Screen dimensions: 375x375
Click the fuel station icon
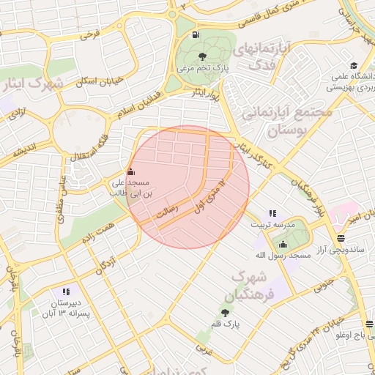click(195, 34)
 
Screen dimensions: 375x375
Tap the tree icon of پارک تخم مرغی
click(202, 56)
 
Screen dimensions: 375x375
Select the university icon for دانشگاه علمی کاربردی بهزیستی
click(354, 66)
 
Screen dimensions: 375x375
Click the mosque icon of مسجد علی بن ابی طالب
click(131, 172)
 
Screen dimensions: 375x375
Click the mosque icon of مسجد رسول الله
click(283, 244)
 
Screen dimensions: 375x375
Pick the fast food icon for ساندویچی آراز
click(341, 239)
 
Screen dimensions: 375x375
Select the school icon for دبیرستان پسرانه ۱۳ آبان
click(67, 292)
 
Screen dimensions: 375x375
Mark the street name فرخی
click(89, 34)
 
